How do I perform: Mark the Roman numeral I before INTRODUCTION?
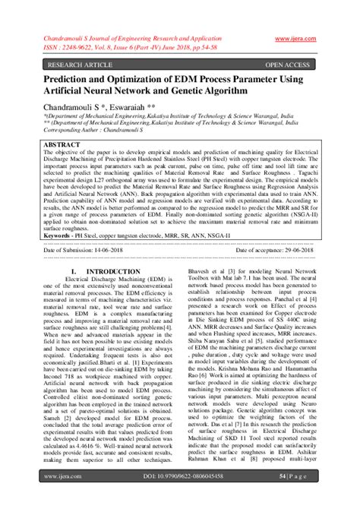point(72,249)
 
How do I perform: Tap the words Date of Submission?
point(73,228)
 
